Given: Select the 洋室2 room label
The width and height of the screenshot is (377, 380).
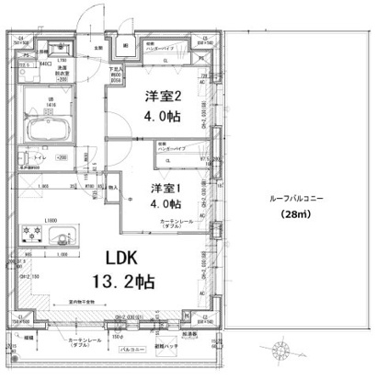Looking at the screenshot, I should pos(161,96).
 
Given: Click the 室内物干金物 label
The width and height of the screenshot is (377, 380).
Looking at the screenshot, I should pos(86,301).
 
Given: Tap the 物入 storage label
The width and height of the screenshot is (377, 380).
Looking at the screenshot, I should pos(113,187).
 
